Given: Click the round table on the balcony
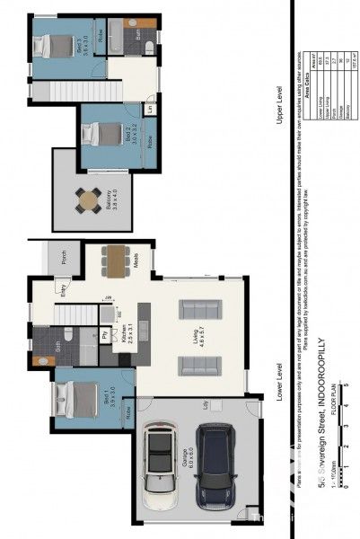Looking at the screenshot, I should (90, 199).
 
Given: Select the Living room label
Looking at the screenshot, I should (206, 339).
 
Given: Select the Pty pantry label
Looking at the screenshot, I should (106, 335).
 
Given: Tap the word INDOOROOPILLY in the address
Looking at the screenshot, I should (320, 387).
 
